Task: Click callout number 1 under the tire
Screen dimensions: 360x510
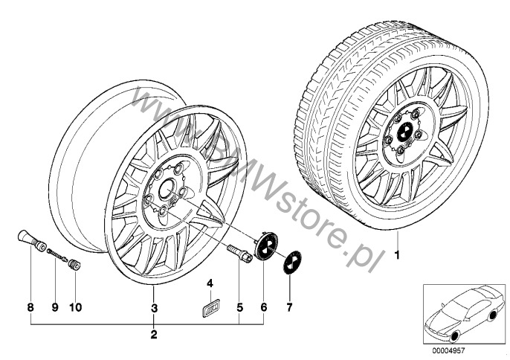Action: pos(396,257)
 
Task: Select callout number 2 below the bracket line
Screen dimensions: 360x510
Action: pos(154,335)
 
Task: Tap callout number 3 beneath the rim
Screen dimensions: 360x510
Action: pos(154,307)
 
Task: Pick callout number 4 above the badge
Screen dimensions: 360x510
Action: pos(210,283)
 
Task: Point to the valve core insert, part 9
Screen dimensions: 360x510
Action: pos(55,256)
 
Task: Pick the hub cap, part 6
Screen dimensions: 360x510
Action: pos(265,248)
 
